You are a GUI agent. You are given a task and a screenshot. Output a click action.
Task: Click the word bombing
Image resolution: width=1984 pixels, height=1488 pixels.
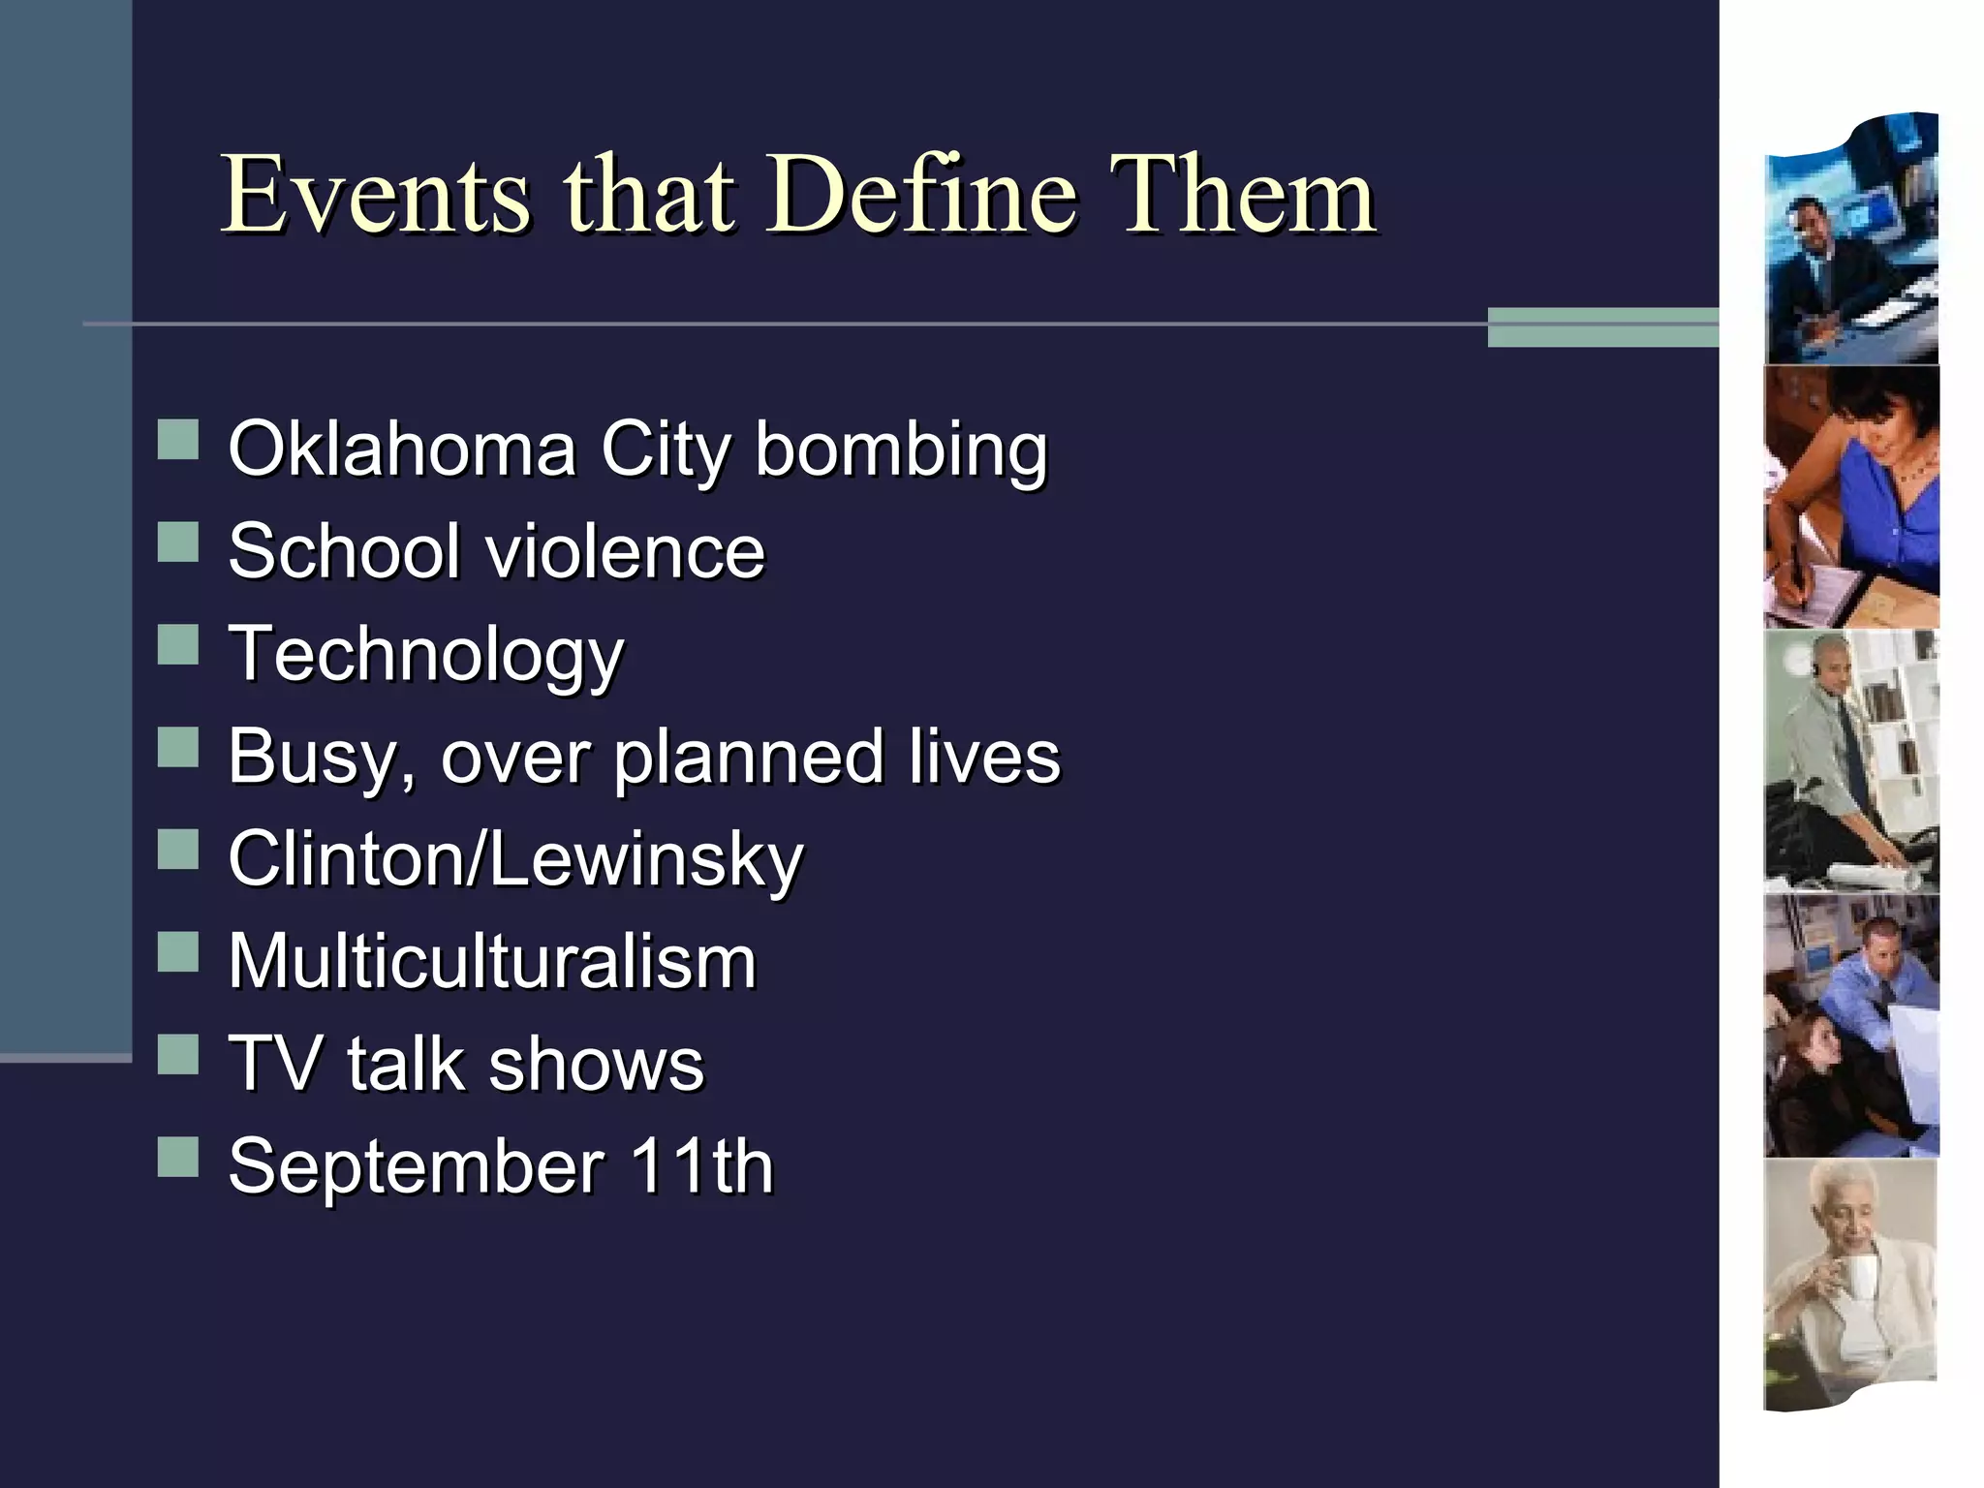pyautogui.click(x=901, y=450)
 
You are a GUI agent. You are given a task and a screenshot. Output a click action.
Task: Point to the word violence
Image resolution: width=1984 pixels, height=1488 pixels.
pyautogui.click(x=625, y=551)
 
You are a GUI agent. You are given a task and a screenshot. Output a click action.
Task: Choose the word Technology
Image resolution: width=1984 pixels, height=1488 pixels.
pyautogui.click(x=426, y=655)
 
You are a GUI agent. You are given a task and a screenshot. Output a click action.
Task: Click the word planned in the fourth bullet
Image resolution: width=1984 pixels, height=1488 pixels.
pyautogui.click(x=749, y=757)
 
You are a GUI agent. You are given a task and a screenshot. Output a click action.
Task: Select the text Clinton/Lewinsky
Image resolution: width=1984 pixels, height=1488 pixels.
pyautogui.click(x=515, y=859)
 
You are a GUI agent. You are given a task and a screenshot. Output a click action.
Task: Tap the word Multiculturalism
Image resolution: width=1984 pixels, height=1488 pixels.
pyautogui.click(x=492, y=962)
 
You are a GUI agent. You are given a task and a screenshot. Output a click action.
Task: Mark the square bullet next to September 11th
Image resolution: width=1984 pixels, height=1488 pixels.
pyautogui.click(x=178, y=1157)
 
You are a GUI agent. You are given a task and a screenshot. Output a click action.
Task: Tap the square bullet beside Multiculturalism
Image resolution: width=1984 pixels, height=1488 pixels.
pyautogui.click(x=178, y=952)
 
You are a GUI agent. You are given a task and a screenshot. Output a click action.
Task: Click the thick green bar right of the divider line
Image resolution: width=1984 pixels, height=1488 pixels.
pyautogui.click(x=1602, y=326)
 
